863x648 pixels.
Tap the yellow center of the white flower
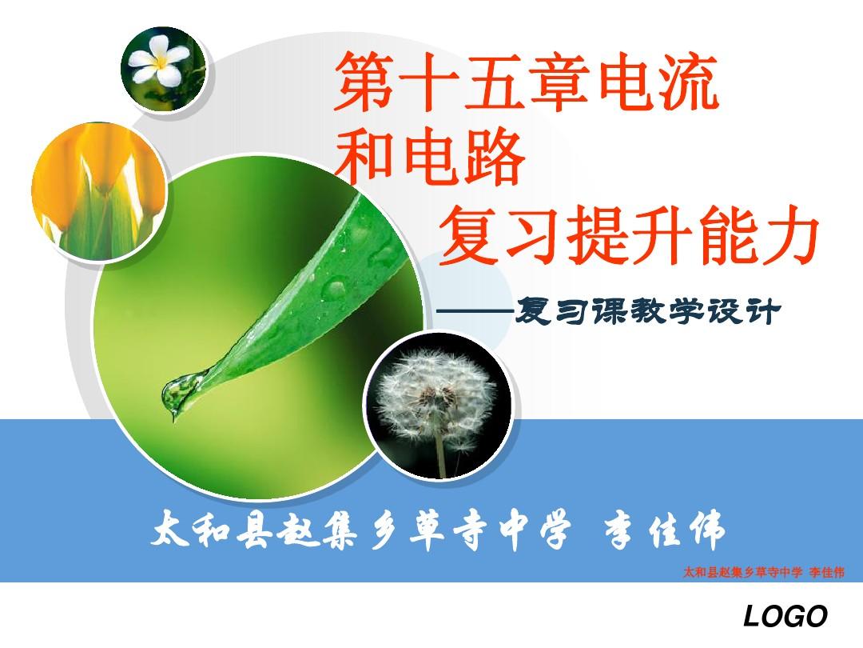(x=160, y=62)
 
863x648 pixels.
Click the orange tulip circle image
(x=99, y=191)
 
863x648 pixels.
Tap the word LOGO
(x=786, y=615)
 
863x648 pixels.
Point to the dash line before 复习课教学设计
(x=475, y=312)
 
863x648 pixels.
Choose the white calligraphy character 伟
(x=706, y=530)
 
